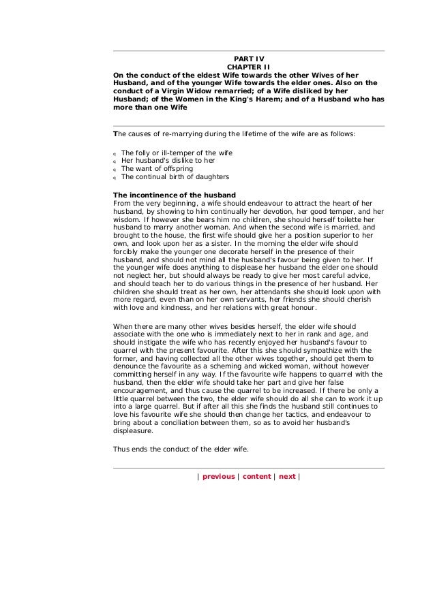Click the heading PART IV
coord(248,59)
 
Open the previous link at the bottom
coord(218,477)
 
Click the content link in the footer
coord(256,477)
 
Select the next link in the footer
coord(287,477)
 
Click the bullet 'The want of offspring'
coord(157,169)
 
